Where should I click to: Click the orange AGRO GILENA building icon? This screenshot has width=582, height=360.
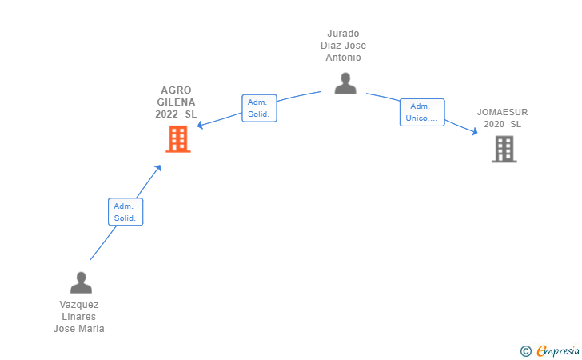pos(177,140)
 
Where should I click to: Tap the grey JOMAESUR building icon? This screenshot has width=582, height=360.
pos(504,149)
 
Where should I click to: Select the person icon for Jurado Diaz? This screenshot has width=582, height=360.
pos(345,83)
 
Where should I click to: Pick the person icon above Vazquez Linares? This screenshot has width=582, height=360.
pos(81,282)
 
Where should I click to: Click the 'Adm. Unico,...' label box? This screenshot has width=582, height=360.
pos(421,113)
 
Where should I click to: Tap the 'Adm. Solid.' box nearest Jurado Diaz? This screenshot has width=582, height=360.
pos(259,108)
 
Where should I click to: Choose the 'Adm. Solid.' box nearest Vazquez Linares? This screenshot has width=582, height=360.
pos(125,212)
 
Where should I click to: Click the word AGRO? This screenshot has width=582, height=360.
pos(176,90)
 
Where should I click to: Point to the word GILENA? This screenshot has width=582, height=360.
pos(176,102)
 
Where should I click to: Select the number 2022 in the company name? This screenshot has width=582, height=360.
pos(167,114)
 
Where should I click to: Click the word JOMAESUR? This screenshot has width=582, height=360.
pos(502,112)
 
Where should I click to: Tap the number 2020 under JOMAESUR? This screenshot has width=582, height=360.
pos(494,124)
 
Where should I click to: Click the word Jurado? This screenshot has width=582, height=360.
pos(344,34)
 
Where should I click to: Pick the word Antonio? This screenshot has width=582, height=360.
pos(344,58)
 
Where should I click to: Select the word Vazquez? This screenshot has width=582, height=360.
pos(79,305)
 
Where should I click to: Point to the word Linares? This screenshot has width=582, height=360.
pos(79,317)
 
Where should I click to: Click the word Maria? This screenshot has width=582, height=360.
pos(90,329)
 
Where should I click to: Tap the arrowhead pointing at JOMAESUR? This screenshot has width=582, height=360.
pos(475,132)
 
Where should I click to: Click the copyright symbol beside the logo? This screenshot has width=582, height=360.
pos(525,350)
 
